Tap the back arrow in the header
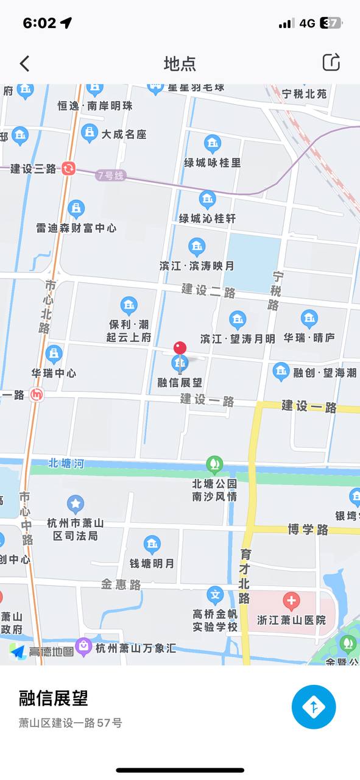[x=24, y=63]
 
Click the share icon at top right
[x=331, y=62]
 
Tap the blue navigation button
[x=314, y=707]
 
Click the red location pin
[x=180, y=348]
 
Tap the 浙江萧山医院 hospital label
[x=291, y=620]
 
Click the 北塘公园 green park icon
[x=214, y=464]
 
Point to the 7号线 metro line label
[x=110, y=175]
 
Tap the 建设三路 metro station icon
[x=68, y=168]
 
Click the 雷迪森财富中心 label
[x=76, y=229]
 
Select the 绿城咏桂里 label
[x=213, y=163]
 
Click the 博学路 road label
[x=308, y=529]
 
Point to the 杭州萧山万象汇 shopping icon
[x=83, y=645]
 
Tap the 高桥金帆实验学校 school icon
[x=215, y=595]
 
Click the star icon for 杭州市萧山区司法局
[x=76, y=504]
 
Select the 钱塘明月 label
[x=152, y=564]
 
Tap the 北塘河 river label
[x=66, y=464]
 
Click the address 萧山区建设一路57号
[x=70, y=723]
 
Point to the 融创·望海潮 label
[x=325, y=373]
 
